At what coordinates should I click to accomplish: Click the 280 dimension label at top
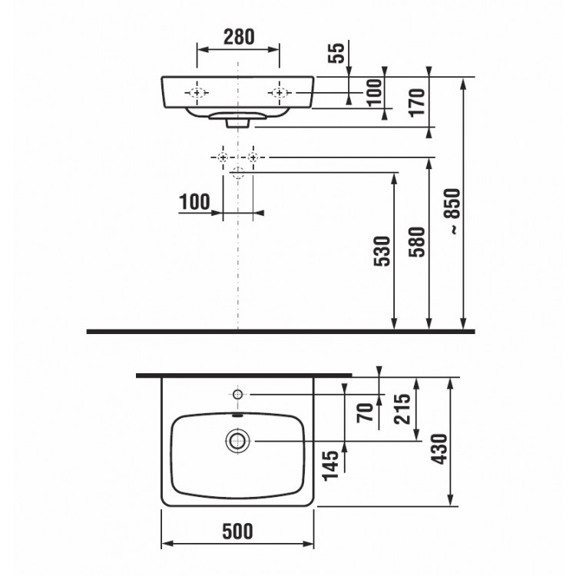coord(239,37)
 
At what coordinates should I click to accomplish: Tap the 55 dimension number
coord(336,53)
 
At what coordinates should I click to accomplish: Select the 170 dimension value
coord(417,103)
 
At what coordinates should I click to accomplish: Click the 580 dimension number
coord(417,242)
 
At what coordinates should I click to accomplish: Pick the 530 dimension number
coord(382,251)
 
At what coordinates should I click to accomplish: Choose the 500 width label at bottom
coord(237,531)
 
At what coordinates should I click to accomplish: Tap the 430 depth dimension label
coord(440,449)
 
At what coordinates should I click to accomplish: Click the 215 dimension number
coord(402,409)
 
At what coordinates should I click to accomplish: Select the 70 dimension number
coord(366,412)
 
